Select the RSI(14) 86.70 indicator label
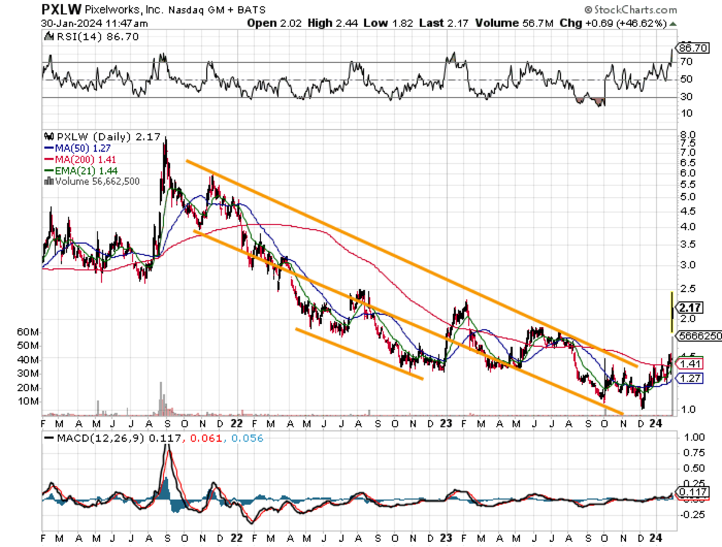pos(80,36)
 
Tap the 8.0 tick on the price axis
pos(687,135)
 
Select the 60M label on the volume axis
pos(28,332)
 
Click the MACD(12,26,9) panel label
pos(99,438)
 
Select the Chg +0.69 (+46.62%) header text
pos(620,23)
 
